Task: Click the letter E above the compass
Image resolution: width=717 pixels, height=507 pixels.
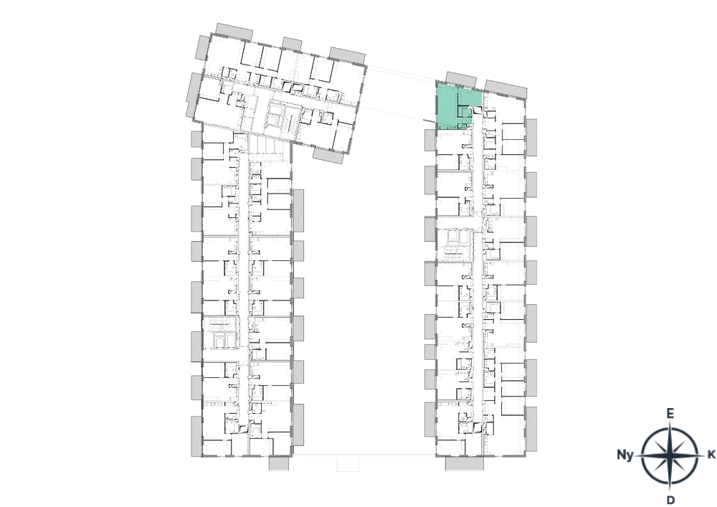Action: tap(670, 414)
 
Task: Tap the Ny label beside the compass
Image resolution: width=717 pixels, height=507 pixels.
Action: tap(625, 455)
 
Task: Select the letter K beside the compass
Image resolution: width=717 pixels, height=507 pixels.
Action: tap(711, 455)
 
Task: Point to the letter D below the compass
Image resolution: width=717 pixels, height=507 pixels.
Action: tap(671, 500)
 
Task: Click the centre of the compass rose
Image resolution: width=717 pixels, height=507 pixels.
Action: tap(670, 455)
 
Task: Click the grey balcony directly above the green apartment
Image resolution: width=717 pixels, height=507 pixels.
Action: tap(461, 79)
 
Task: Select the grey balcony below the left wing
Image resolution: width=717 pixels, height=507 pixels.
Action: tap(278, 463)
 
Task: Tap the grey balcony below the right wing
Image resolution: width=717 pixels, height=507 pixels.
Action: tap(464, 463)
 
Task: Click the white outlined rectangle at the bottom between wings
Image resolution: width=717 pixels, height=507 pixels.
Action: tap(348, 464)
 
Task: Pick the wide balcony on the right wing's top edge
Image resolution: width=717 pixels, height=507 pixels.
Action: tap(505, 89)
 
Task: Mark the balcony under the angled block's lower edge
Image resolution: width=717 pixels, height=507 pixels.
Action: tap(328, 156)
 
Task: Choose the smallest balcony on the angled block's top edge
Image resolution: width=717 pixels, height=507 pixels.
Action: tap(292, 44)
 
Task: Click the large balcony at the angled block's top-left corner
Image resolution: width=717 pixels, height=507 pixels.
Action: tap(234, 32)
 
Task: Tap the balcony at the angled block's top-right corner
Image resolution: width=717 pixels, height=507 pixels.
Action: tap(347, 55)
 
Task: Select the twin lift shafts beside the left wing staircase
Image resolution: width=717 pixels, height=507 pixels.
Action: tap(223, 340)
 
